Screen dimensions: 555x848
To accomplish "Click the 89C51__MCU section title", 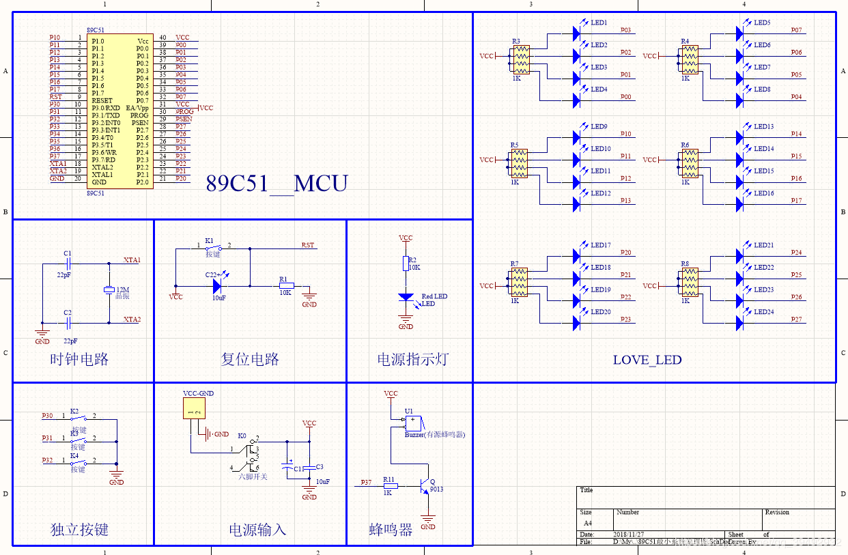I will pyautogui.click(x=277, y=184).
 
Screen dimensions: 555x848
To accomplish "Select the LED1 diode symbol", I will pyautogui.click(x=576, y=31).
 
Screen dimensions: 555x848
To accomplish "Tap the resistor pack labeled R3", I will pyautogui.click(x=520, y=59).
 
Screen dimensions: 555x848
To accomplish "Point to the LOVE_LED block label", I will pyautogui.click(x=647, y=360).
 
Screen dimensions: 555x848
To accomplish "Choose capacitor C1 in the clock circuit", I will pyautogui.click(x=68, y=263).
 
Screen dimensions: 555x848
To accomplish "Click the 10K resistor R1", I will pyautogui.click(x=285, y=286).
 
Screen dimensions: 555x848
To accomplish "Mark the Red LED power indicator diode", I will pyautogui.click(x=406, y=298).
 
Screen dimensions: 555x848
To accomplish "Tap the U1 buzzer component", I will pyautogui.click(x=412, y=423).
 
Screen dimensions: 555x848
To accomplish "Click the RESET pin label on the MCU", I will pyautogui.click(x=102, y=100).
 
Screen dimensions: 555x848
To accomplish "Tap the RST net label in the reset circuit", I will pyautogui.click(x=308, y=246).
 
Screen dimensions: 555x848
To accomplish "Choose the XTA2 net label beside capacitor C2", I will pyautogui.click(x=132, y=319).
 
